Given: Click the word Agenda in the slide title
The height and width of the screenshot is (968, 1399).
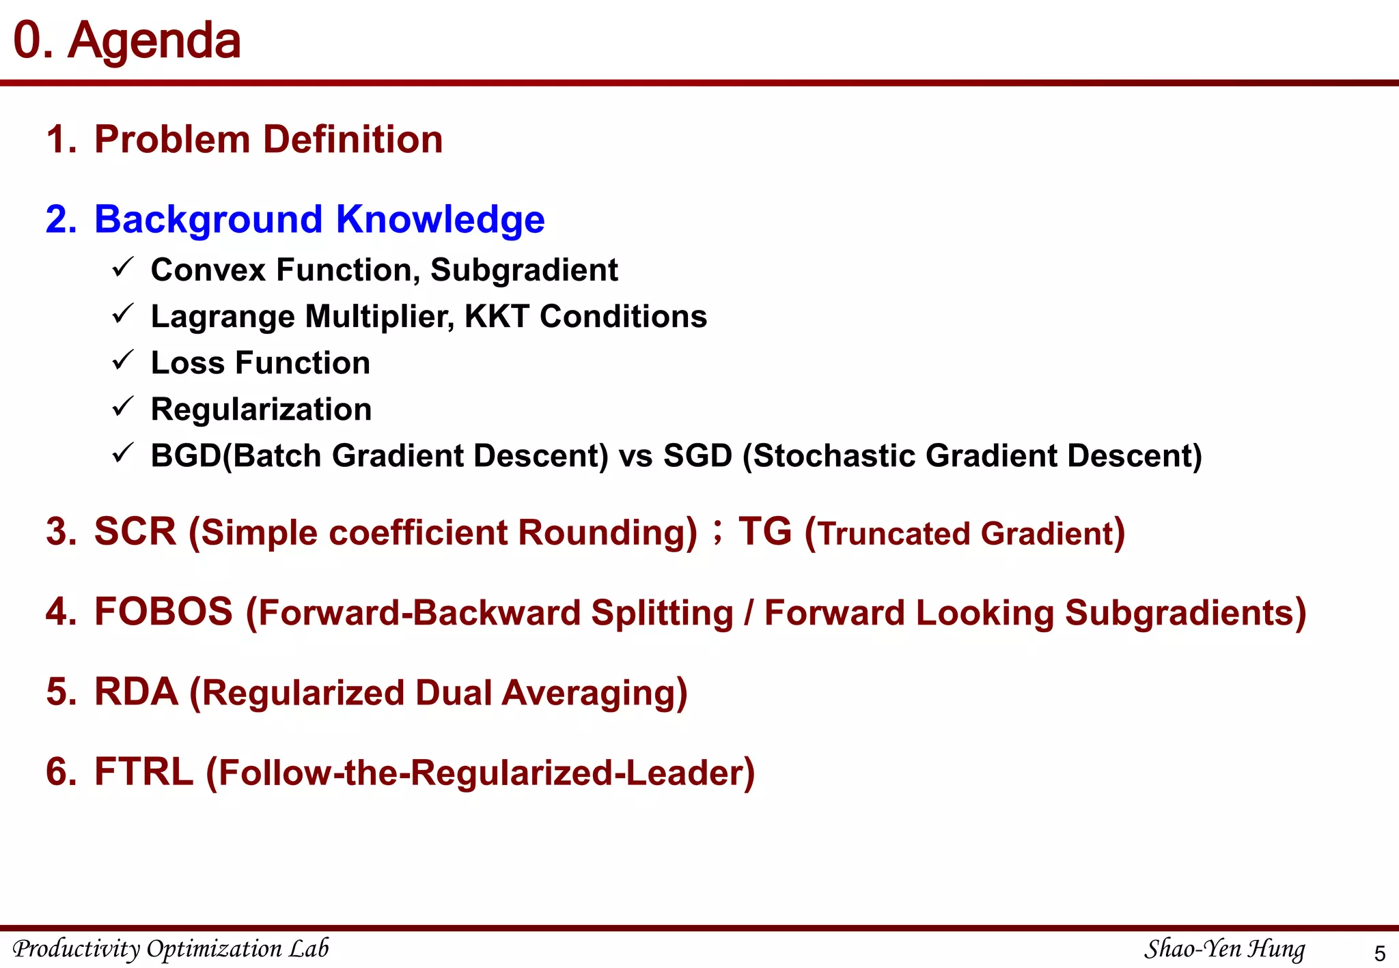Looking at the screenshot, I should [154, 41].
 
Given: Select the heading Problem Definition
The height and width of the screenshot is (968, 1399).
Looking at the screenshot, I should [268, 139].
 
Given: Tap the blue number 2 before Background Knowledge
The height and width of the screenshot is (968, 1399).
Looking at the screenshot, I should [60, 220].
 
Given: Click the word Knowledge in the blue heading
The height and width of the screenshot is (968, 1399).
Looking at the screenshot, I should [440, 220].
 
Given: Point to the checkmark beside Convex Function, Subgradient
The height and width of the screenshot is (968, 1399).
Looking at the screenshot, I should [122, 268].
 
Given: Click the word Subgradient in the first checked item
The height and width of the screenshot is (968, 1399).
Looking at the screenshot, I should [524, 270].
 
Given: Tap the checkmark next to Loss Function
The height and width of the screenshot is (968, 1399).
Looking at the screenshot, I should [122, 360].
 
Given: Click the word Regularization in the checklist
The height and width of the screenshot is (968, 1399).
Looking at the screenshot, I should [261, 410].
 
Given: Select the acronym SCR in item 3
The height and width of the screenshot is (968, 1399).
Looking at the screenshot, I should [135, 531].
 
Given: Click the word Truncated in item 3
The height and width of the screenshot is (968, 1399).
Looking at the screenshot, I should [895, 534].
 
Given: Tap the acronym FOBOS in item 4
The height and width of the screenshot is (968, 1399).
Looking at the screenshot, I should [163, 611].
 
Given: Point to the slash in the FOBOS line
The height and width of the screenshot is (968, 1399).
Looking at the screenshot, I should [749, 612].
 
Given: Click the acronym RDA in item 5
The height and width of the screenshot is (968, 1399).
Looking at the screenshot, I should [136, 692].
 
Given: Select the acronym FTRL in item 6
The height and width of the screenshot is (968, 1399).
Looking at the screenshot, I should [143, 771].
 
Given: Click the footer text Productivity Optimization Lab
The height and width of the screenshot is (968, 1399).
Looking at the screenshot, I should [171, 948].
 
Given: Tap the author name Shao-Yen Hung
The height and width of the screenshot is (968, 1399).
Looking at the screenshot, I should [1224, 948].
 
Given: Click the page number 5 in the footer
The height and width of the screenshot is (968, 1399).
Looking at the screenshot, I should [1379, 953].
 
